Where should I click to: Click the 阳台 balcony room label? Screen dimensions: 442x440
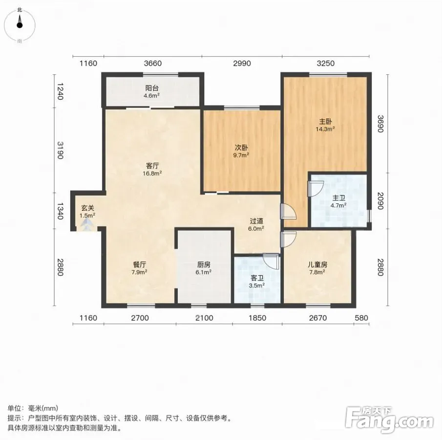[x=152, y=88]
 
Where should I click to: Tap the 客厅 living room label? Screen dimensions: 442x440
[x=152, y=166]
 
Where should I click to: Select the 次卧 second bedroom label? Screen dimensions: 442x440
[x=241, y=148]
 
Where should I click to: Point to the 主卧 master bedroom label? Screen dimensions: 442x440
[x=325, y=122]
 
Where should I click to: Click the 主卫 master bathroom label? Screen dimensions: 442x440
[x=338, y=198]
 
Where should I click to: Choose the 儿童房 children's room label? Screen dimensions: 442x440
[x=317, y=265]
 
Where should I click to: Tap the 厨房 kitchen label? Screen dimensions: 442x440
[x=204, y=265]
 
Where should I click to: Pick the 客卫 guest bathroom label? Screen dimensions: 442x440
[x=257, y=278]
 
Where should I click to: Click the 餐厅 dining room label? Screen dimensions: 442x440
[x=140, y=265]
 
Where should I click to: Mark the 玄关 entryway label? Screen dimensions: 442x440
[x=87, y=208]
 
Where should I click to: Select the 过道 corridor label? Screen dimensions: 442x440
[x=256, y=221]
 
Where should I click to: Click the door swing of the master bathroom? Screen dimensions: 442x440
[x=316, y=189]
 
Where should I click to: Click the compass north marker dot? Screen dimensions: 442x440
[x=20, y=25]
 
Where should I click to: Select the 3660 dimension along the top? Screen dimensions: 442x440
[x=153, y=63]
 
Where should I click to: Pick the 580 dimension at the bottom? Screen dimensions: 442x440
[x=361, y=318]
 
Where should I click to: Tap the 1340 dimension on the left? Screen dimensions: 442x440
[x=60, y=211]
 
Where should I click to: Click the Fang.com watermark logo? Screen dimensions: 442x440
[x=389, y=419]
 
